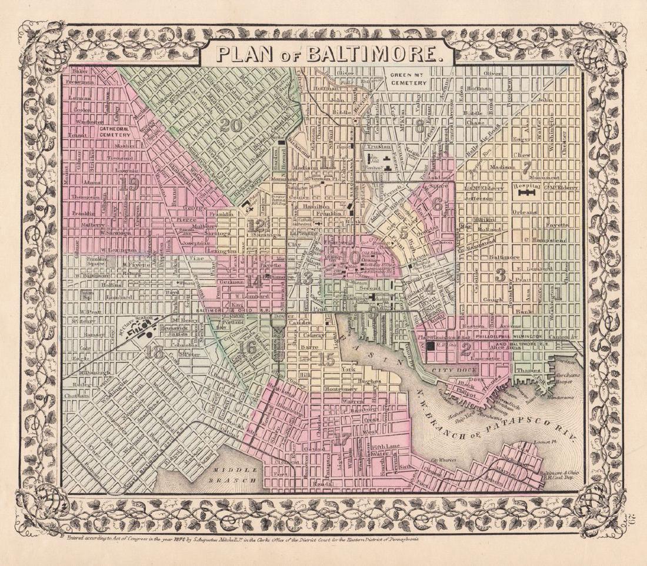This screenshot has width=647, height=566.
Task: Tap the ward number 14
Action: pos(255,282)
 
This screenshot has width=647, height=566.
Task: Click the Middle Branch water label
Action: pos(235,475)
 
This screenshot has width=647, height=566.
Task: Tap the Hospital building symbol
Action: pos(528,191)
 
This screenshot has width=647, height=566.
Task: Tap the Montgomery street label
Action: pos(324,389)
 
